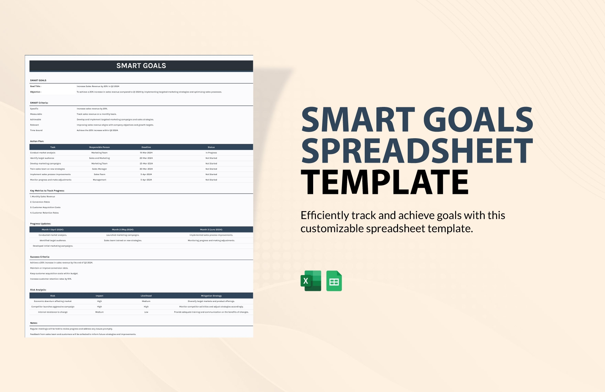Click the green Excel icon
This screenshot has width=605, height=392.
tap(311, 281)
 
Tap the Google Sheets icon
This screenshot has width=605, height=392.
tap(334, 281)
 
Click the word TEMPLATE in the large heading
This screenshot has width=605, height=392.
tap(385, 182)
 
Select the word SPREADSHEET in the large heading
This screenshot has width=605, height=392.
tap(417, 151)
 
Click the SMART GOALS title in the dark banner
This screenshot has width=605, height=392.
tap(141, 66)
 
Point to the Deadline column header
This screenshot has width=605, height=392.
tap(146, 147)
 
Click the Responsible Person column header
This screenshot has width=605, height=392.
tap(99, 147)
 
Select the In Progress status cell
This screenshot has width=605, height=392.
tap(211, 153)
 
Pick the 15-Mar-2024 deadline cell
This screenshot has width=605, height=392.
tap(146, 153)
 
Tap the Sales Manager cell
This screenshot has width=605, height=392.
tap(99, 169)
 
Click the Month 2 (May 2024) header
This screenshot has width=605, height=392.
tap(123, 229)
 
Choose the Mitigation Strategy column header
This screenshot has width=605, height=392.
tap(211, 296)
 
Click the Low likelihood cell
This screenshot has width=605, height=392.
tap(146, 312)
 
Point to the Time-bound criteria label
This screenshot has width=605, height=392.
tap(36, 130)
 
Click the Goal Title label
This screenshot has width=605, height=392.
tap(35, 86)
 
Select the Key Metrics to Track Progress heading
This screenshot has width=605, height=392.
tap(47, 190)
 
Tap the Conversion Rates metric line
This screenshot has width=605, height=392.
tap(41, 202)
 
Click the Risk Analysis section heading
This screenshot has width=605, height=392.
tap(38, 290)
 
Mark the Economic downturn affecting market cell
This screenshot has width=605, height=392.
tap(53, 301)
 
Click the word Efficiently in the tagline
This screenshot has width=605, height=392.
tap(324, 216)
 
